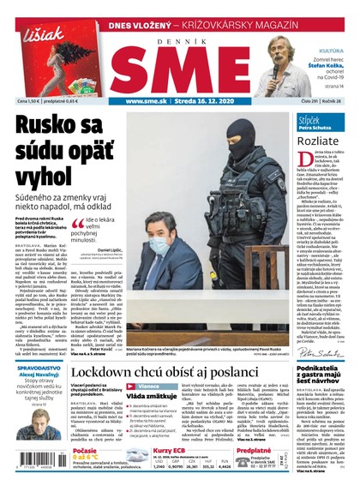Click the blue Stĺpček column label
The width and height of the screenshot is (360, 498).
(309, 120)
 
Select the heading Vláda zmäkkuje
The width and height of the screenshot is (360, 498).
(152, 397)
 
